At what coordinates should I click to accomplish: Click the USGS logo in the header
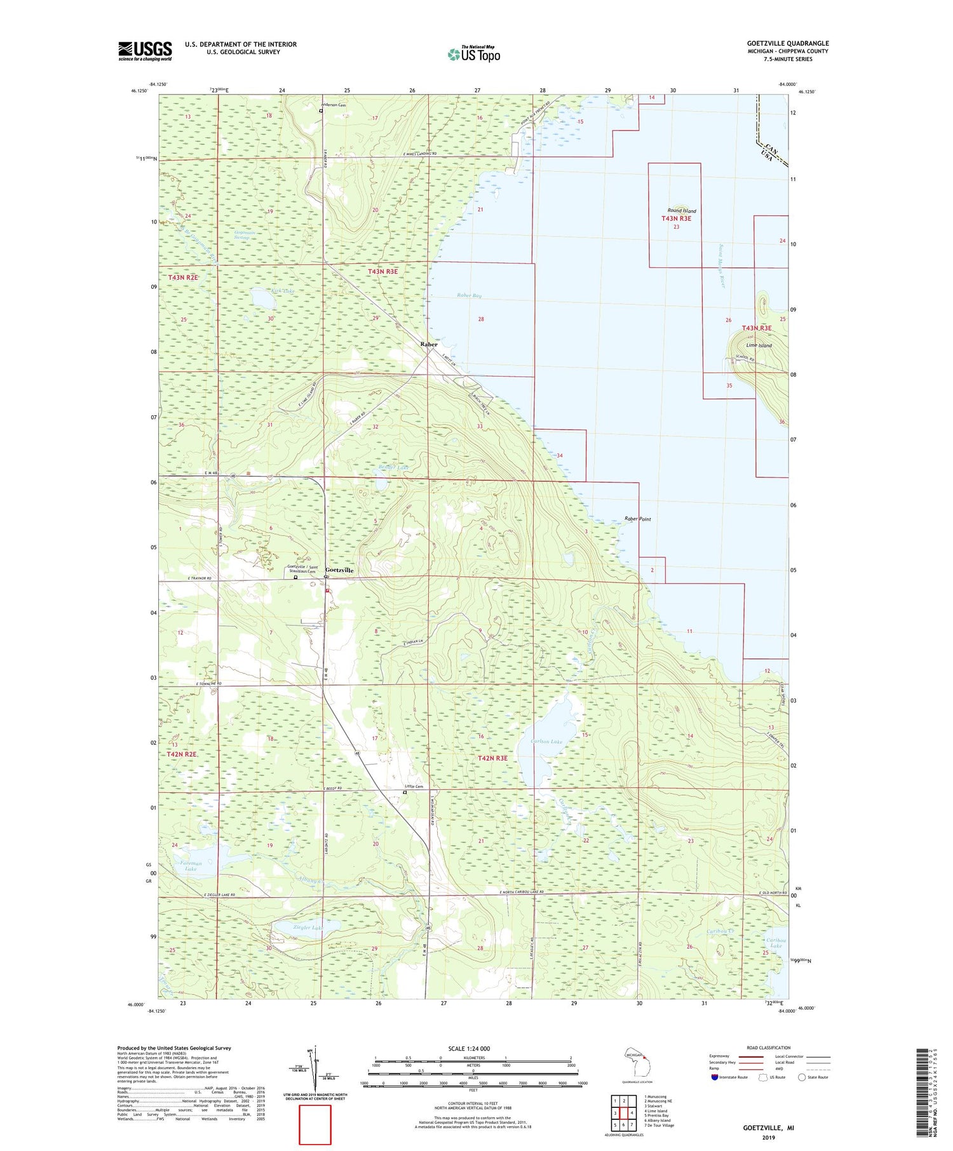145,51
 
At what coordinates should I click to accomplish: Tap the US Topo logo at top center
473,55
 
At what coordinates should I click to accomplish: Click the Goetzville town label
339,570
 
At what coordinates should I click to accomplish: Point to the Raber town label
429,344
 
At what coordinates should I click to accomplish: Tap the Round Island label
681,211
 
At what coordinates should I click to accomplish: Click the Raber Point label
637,519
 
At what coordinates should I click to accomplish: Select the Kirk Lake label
265,291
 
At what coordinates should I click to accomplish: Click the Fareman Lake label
191,866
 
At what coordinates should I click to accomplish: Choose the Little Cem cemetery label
414,787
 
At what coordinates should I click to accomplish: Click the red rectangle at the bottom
315,1124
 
